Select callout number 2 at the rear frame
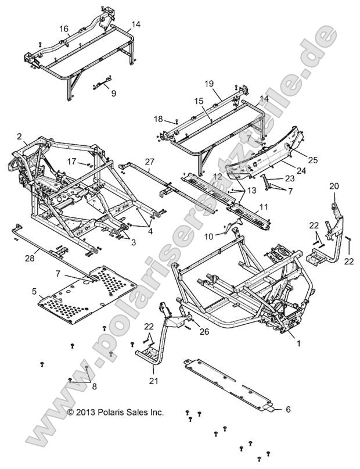tap(19, 137)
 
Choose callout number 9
tap(113, 92)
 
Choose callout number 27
tap(149, 162)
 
